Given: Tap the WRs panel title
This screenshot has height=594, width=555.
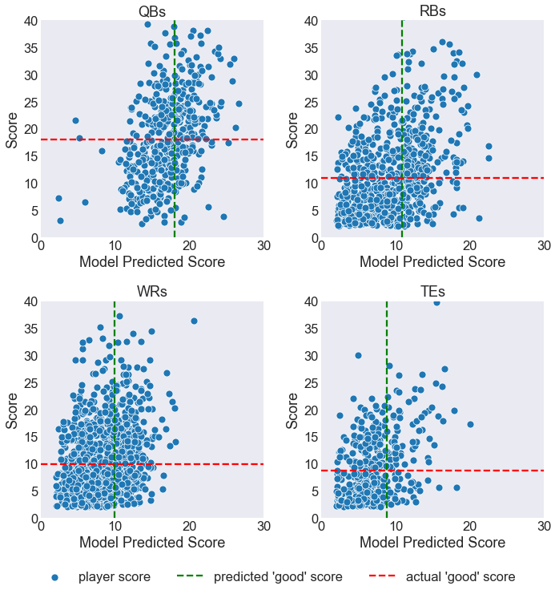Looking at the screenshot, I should click(152, 291).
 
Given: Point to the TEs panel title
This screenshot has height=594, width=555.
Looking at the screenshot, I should click(432, 291).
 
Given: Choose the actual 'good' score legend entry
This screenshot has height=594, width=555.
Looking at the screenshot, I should click(460, 577).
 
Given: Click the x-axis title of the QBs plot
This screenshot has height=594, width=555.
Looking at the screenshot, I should click(152, 262).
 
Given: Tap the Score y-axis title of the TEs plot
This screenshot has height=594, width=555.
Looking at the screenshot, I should click(292, 410).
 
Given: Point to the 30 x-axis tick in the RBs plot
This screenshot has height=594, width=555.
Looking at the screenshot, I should click(544, 246).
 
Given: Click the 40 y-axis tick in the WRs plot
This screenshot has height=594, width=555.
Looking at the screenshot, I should click(29, 301).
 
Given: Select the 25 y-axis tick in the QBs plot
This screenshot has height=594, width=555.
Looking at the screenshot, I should click(29, 102).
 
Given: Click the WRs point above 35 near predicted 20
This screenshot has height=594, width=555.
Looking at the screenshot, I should click(194, 321).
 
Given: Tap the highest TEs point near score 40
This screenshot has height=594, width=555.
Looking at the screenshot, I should click(436, 302).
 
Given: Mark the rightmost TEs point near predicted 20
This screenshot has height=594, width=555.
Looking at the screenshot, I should click(470, 424).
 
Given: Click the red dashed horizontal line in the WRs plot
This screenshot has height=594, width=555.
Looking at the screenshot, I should click(224, 464).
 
